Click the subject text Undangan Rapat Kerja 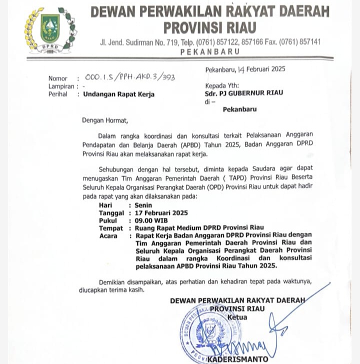[x=118, y=94]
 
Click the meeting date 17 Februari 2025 [x=158, y=212]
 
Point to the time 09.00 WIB [x=150, y=220]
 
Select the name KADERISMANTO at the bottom [x=237, y=358]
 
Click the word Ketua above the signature [x=237, y=317]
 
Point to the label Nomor [x=58, y=78]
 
